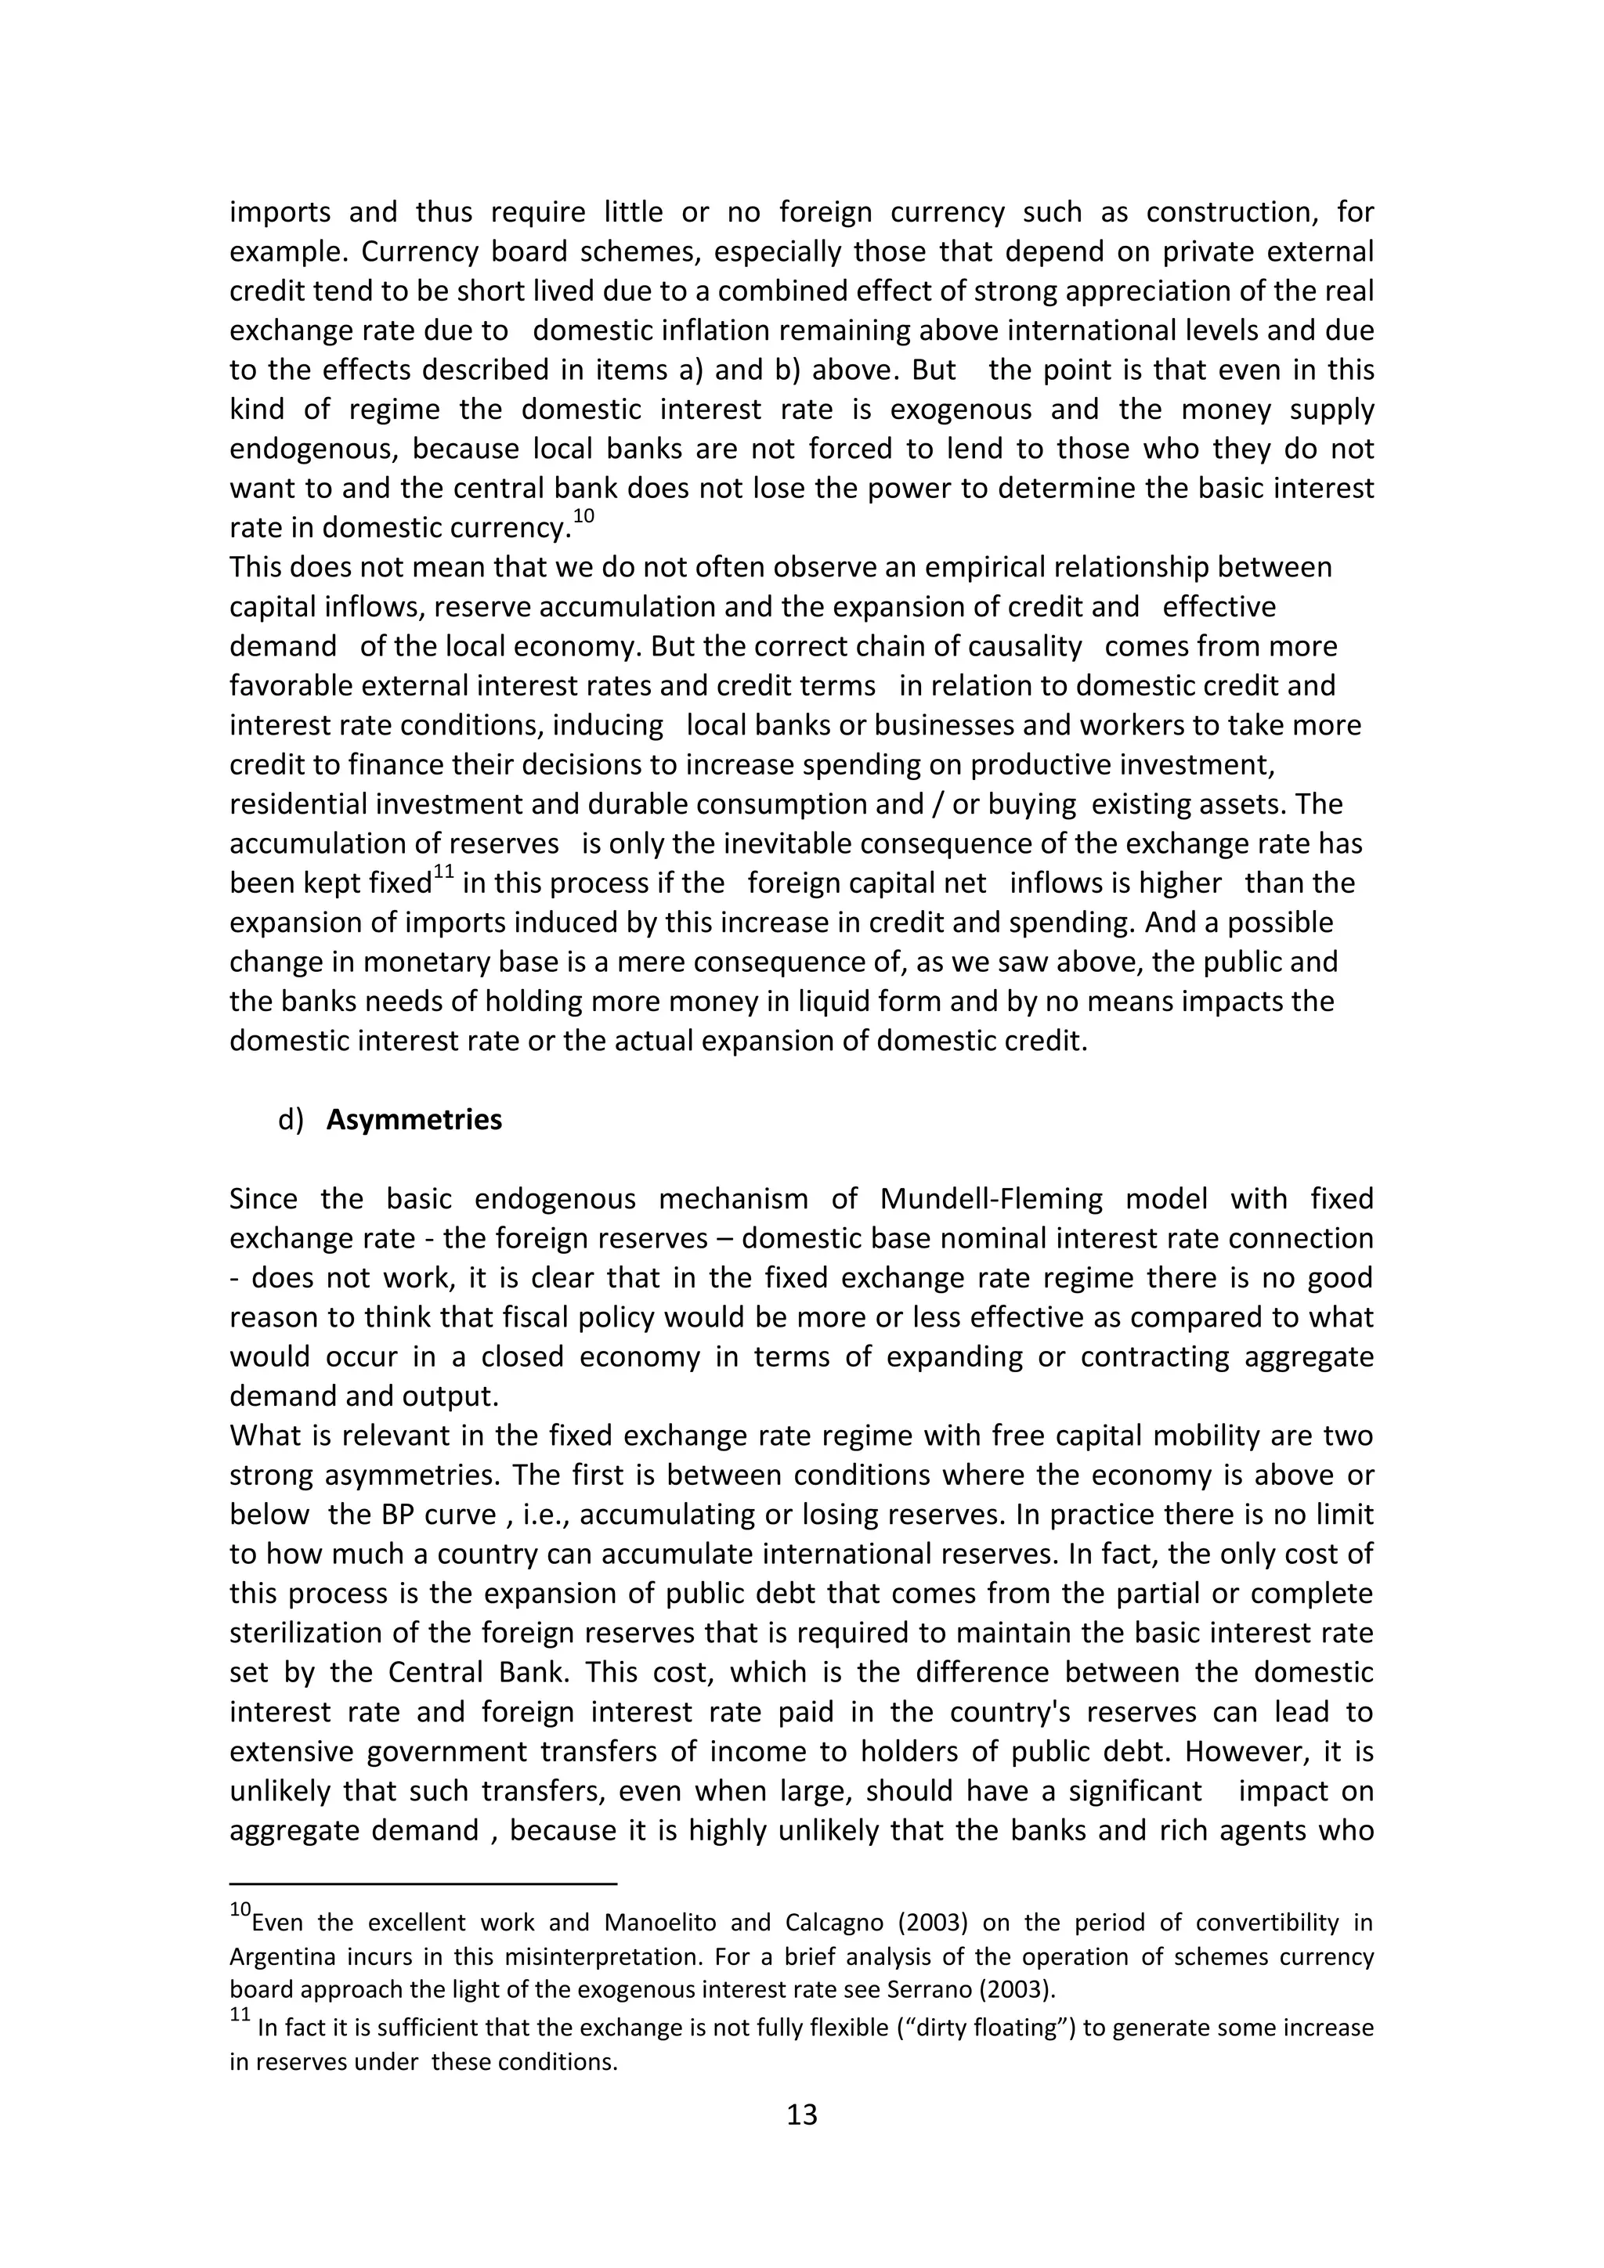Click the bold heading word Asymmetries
pyautogui.click(x=414, y=1120)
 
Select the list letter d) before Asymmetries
pyautogui.click(x=291, y=1120)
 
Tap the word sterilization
pyautogui.click(x=307, y=1634)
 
